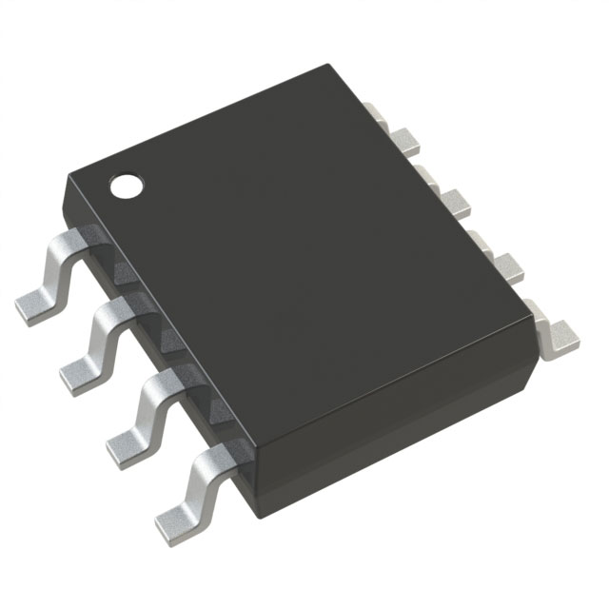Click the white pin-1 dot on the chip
(126, 186)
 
